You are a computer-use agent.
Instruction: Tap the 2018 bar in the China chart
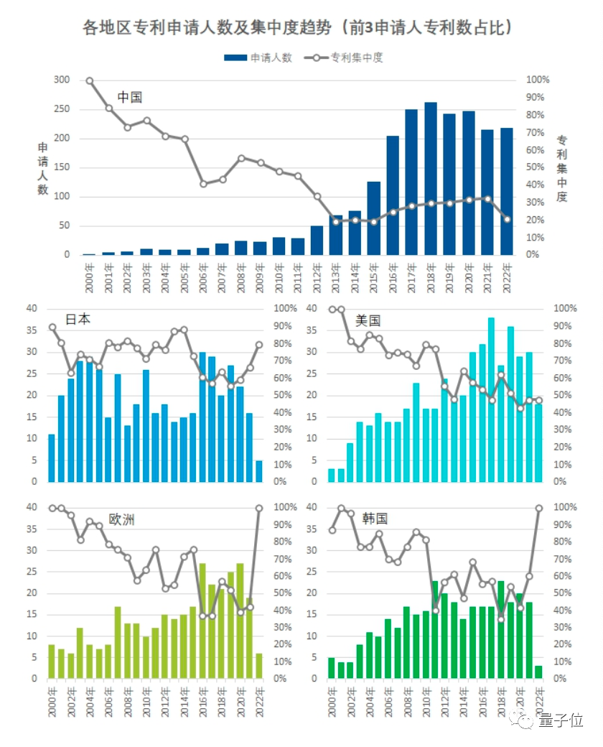431,179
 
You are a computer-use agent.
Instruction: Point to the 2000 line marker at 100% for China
90,80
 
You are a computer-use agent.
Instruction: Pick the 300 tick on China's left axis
62,80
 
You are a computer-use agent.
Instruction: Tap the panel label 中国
130,97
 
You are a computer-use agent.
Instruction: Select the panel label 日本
78,320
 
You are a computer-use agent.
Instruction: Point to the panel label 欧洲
121,519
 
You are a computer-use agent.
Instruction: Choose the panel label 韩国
375,519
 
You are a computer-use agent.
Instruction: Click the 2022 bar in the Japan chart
258,471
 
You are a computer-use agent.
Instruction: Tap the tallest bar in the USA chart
492,399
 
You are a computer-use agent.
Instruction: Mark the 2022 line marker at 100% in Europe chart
259,508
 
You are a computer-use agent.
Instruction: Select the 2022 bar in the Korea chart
538,672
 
